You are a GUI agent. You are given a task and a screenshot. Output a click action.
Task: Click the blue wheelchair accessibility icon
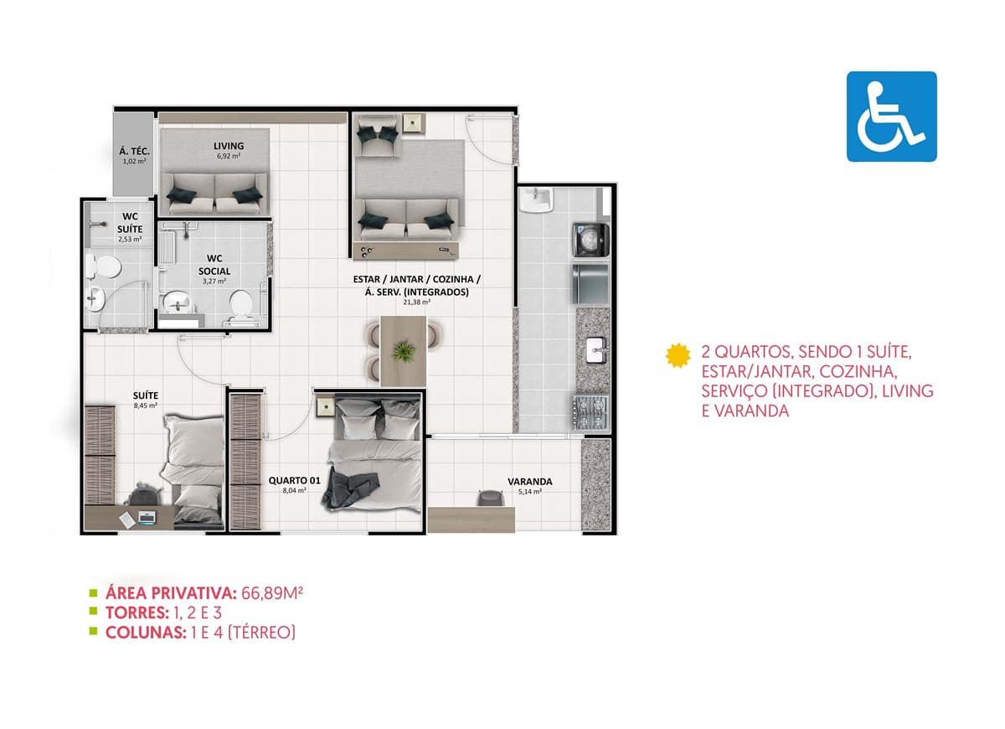pyautogui.click(x=891, y=116)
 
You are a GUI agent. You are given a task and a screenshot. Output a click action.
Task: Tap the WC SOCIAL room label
pyautogui.click(x=214, y=265)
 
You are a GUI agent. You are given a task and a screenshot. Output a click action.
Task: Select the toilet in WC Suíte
pyautogui.click(x=104, y=266)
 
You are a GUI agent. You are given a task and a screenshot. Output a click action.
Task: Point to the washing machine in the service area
pyautogui.click(x=591, y=240)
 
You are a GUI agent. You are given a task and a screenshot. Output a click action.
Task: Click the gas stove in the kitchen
pyautogui.click(x=590, y=412)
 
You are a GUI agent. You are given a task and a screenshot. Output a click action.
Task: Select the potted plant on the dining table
pyautogui.click(x=404, y=351)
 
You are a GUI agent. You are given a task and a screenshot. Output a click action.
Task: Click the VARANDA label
pyautogui.click(x=530, y=482)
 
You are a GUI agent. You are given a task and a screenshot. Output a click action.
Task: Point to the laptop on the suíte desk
pyautogui.click(x=147, y=518)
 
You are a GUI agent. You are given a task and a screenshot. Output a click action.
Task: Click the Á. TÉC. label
pyautogui.click(x=134, y=152)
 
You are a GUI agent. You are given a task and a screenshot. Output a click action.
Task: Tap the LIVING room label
pyautogui.click(x=229, y=146)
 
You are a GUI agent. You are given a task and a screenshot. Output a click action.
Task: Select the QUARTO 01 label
pyautogui.click(x=294, y=481)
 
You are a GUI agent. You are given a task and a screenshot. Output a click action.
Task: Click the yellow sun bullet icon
pyautogui.click(x=678, y=355)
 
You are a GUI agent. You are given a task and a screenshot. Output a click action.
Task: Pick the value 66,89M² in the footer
pyautogui.click(x=272, y=593)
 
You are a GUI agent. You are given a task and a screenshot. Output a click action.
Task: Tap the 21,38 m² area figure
pyautogui.click(x=417, y=302)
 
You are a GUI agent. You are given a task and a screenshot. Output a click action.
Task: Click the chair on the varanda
pyautogui.click(x=490, y=498)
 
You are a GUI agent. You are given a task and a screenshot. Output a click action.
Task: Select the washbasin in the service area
pyautogui.click(x=535, y=200)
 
